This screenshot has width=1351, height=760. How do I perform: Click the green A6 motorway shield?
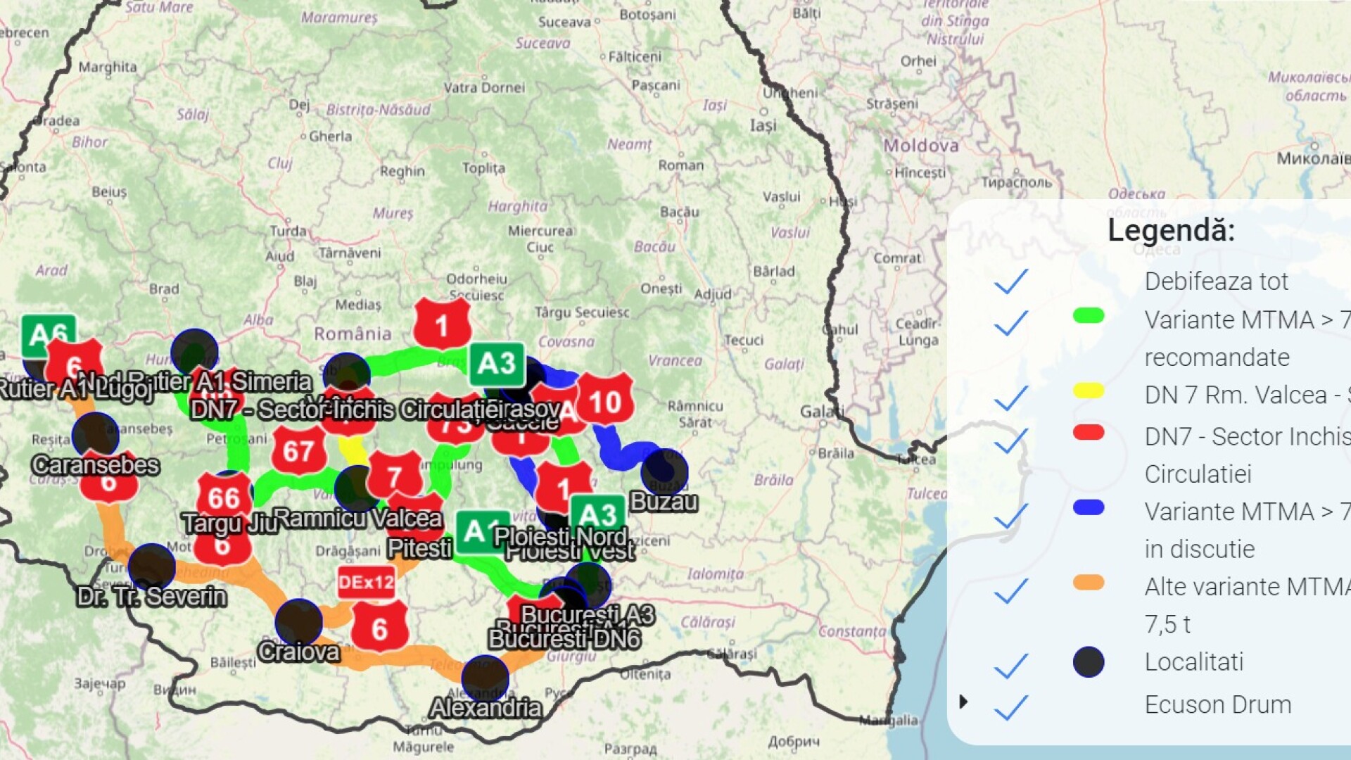click(49, 334)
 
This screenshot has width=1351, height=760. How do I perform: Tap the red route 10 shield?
click(605, 402)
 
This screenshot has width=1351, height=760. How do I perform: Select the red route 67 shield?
click(298, 450)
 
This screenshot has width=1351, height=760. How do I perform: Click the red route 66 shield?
click(224, 497)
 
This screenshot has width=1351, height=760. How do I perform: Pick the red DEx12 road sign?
click(366, 582)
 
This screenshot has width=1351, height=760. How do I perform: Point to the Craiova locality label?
click(299, 652)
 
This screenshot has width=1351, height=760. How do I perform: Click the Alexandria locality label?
click(486, 707)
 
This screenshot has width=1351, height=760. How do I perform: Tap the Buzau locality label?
click(664, 502)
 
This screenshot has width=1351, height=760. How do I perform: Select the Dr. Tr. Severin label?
click(151, 597)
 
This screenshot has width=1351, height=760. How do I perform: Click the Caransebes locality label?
click(96, 465)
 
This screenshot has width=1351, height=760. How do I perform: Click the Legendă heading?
click(1171, 230)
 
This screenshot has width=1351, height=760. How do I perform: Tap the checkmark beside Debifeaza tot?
click(1011, 281)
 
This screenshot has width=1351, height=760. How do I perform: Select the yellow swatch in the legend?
click(1089, 391)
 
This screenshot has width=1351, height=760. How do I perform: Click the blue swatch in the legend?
click(1089, 507)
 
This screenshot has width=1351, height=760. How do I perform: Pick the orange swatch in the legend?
click(1089, 583)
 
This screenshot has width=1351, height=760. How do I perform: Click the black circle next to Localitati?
click(1089, 662)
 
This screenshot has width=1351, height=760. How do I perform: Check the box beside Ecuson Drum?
click(1011, 707)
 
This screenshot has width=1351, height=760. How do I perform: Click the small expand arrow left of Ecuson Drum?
click(963, 702)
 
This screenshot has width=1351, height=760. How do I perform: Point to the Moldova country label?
click(921, 146)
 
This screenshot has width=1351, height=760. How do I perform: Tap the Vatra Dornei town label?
click(484, 88)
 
